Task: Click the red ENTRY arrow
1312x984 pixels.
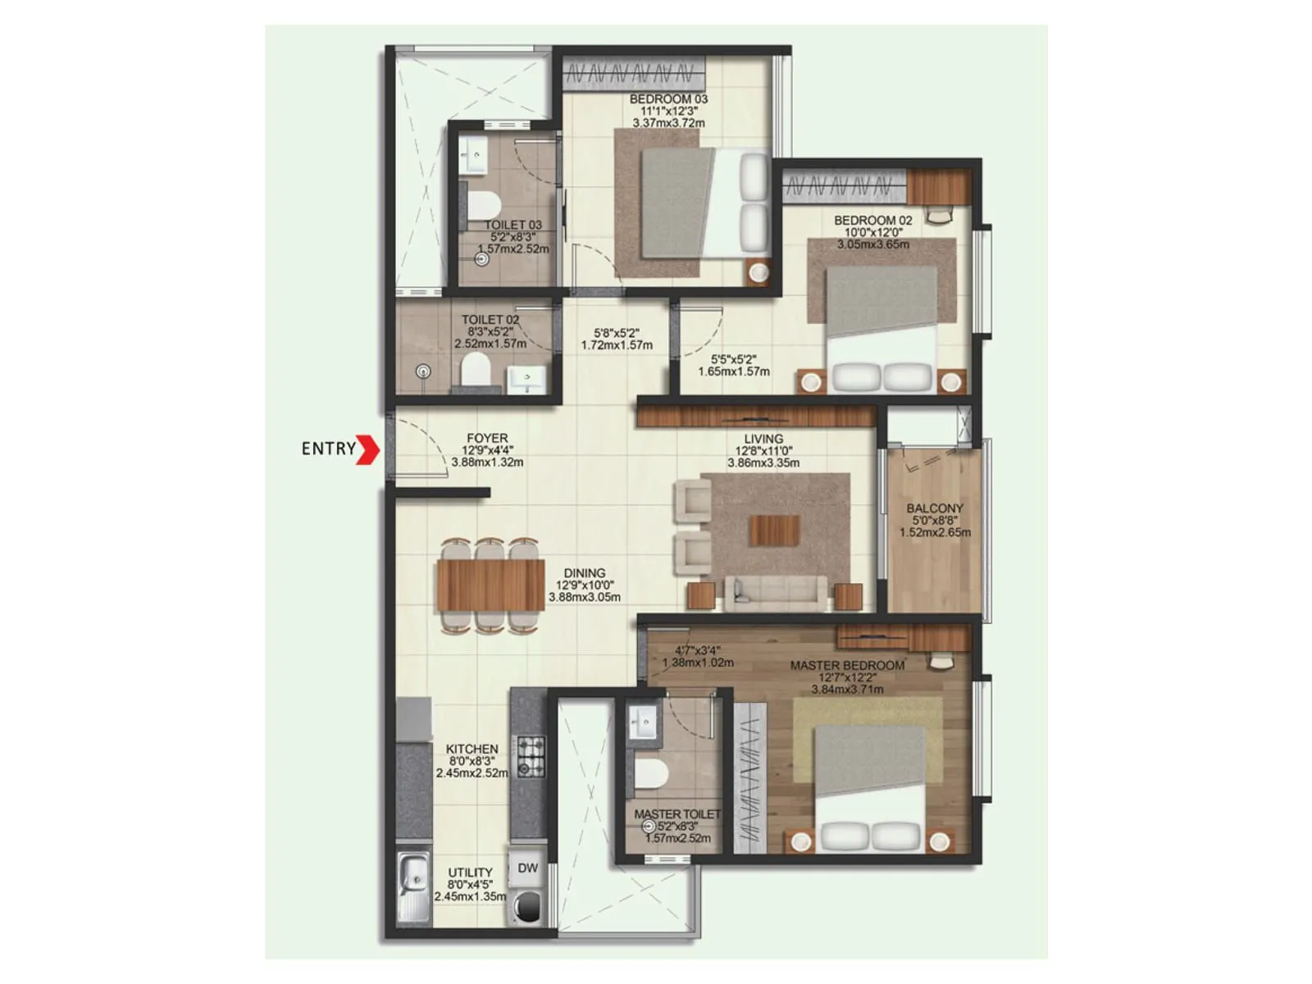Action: point(367,449)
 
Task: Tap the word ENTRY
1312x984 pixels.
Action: point(328,449)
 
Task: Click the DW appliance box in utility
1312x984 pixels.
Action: point(527,868)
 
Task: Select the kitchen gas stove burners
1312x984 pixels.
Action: point(530,756)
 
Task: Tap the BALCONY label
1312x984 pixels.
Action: point(935,508)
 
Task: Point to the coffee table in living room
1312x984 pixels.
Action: point(773,530)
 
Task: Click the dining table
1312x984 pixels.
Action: point(490,585)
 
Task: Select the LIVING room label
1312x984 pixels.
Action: point(763,439)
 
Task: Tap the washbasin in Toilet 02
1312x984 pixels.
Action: point(526,379)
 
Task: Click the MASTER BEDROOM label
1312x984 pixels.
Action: point(847,665)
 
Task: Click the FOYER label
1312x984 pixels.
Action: point(487,438)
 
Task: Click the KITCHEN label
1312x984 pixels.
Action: point(471,749)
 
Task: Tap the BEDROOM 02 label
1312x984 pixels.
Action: point(872,220)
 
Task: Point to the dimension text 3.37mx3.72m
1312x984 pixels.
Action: point(668,123)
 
